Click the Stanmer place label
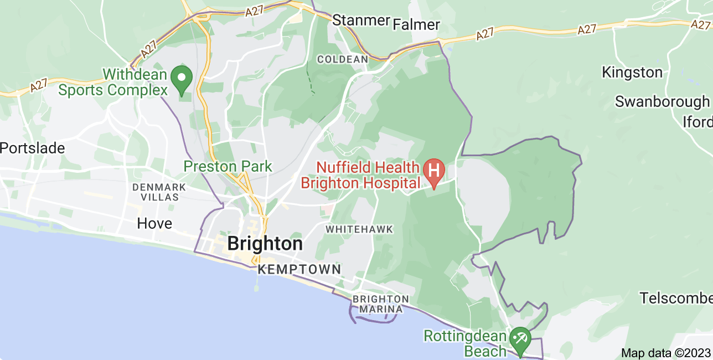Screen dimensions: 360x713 click(x=361, y=20)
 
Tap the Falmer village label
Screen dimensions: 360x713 click(x=416, y=24)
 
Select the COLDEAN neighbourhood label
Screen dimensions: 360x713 click(x=342, y=59)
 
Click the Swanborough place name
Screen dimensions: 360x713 click(x=662, y=102)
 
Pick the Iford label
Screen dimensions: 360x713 click(x=697, y=122)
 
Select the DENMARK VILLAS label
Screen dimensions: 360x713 click(x=155, y=192)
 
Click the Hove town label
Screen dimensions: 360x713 click(x=154, y=224)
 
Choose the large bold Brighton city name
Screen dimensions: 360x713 click(x=265, y=244)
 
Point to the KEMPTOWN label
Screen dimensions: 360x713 click(x=299, y=270)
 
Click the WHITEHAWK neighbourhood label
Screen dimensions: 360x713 click(x=359, y=229)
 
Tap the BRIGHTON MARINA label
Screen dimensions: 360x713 click(x=380, y=304)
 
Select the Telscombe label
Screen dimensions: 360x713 click(x=676, y=298)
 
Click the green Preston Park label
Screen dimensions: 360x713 click(x=228, y=166)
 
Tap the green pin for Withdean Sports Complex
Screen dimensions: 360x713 click(x=181, y=79)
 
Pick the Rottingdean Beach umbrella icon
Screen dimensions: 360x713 click(x=520, y=337)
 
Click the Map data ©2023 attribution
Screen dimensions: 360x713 click(x=665, y=353)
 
